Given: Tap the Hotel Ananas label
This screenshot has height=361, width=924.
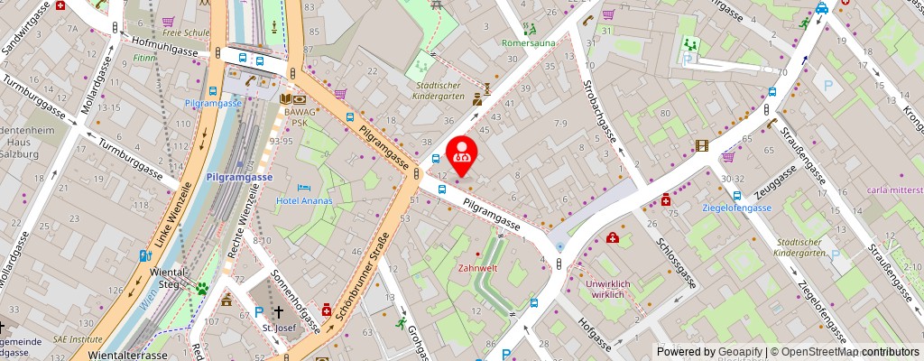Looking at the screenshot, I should point(304,200).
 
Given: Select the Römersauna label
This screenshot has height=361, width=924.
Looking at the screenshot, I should point(528,42).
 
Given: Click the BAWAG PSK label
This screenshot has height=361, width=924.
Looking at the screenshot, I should point(298,116).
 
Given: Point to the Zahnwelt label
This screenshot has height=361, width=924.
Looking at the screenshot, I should point(478,268).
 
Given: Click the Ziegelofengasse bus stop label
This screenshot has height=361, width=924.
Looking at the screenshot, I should point(737,208).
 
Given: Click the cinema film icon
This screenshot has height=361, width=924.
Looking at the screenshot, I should point(702,145).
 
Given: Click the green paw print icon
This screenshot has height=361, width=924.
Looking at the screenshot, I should point(203,289).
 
